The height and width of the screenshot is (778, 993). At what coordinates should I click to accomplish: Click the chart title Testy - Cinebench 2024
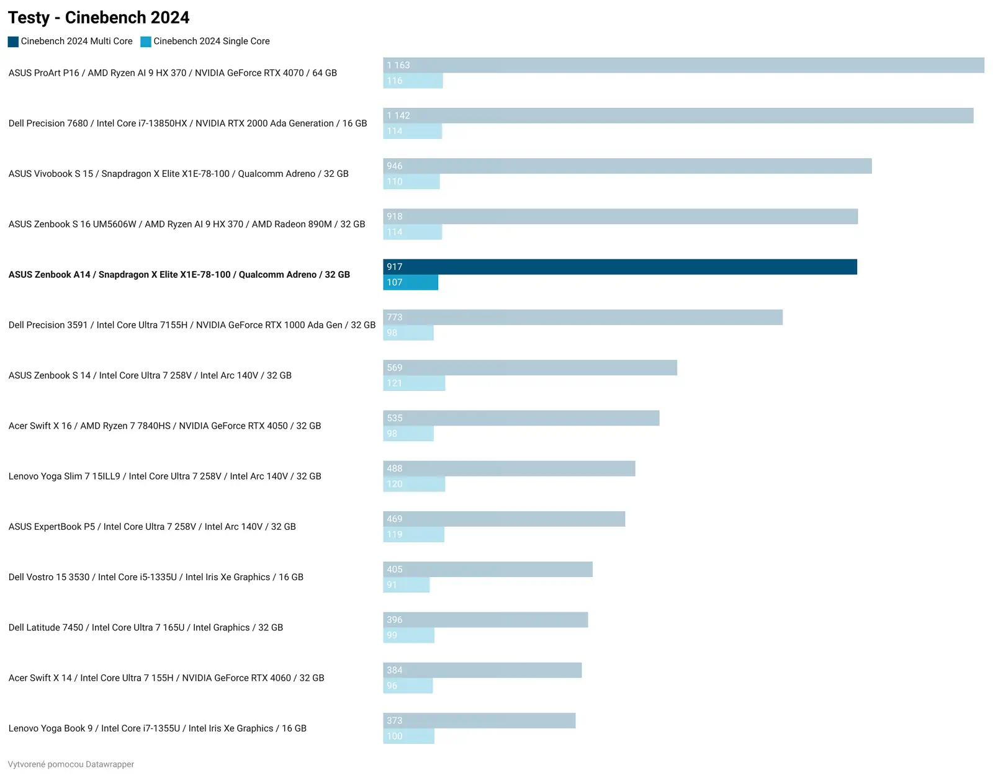pos(99,17)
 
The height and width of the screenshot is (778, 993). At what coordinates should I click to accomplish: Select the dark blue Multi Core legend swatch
pos(13,42)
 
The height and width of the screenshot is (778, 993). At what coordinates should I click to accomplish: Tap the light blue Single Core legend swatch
pos(146,42)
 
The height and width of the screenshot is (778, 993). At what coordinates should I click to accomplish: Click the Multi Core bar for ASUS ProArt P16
pos(683,65)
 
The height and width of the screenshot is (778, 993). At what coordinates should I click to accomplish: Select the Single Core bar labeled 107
pos(410,282)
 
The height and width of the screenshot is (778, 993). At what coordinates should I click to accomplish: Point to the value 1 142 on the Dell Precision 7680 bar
pos(398,116)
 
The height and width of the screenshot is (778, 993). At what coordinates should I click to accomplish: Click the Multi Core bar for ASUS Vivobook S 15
pos(627,166)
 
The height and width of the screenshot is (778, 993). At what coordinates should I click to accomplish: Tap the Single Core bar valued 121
pos(414,383)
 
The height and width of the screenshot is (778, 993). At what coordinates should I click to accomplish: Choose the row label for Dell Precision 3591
pos(192,325)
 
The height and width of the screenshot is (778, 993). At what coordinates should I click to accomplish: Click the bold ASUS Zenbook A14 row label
pos(179,275)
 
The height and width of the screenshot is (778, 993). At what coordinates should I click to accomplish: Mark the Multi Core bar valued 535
pos(521,418)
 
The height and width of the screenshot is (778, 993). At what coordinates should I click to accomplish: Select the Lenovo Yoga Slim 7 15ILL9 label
pos(164,476)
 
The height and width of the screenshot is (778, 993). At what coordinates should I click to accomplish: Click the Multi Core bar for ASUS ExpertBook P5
pos(503,519)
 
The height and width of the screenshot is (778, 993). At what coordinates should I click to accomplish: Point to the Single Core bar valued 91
pos(406,585)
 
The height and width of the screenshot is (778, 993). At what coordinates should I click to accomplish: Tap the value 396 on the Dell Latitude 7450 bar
pos(395,620)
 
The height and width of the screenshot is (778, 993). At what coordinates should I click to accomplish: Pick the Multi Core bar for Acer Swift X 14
pos(482,670)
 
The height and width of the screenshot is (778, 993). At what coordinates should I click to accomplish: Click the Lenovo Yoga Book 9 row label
pos(157,728)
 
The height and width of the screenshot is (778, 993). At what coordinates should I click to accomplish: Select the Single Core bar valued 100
pos(408,736)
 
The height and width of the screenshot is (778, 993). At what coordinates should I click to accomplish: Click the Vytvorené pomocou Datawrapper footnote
pos(71,764)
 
